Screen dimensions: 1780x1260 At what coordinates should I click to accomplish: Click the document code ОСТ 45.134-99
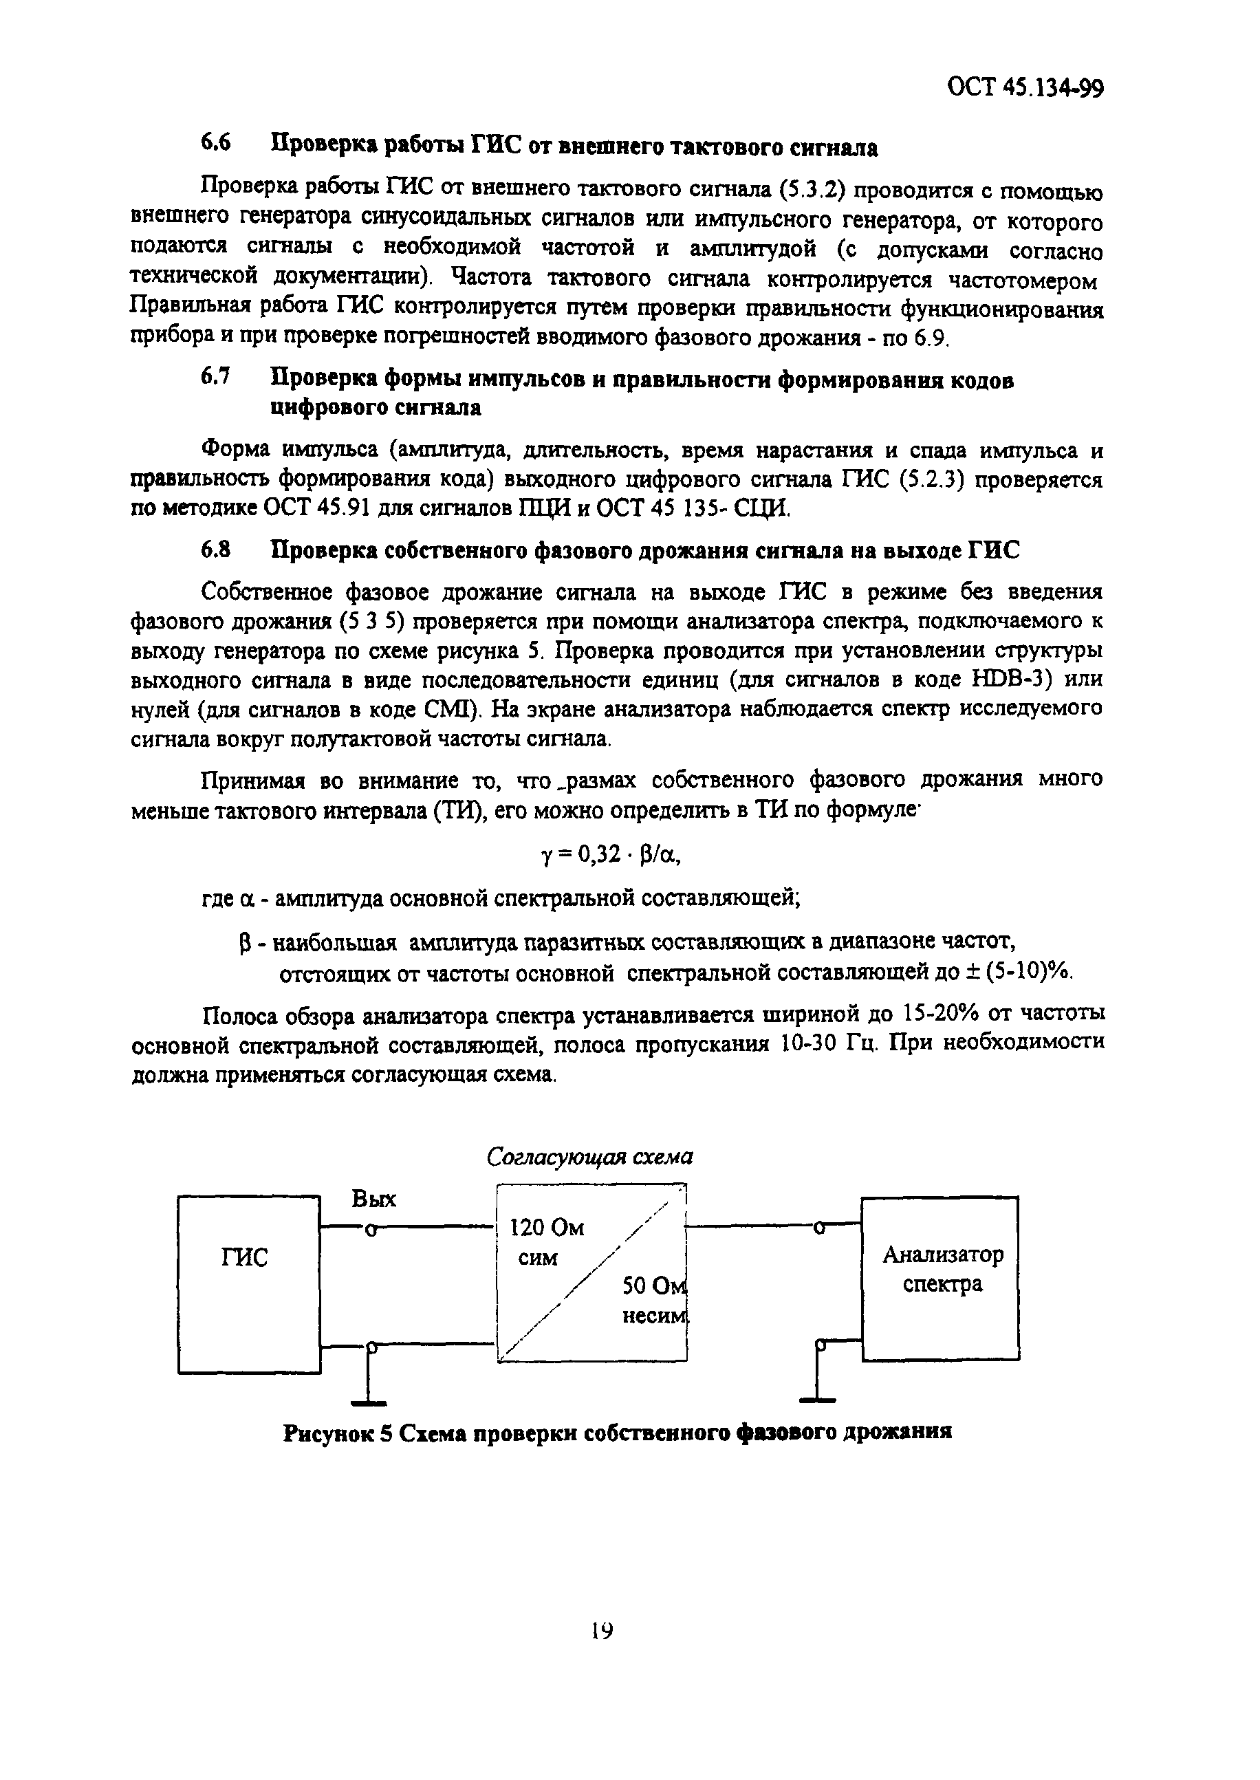coord(1025,87)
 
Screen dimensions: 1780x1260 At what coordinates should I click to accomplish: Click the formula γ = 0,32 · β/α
coord(611,854)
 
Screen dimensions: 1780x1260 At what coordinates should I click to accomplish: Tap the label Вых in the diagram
coord(374,1199)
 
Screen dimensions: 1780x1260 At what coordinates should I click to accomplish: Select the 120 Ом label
coord(546,1228)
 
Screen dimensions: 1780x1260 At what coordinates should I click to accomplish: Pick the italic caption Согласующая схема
coord(589,1157)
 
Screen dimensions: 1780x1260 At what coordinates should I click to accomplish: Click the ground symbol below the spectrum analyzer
coord(818,1400)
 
